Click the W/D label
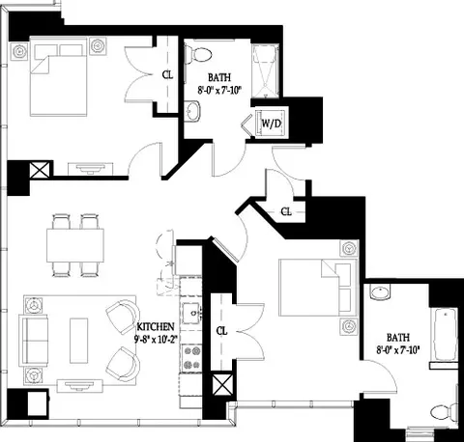[x=270, y=124]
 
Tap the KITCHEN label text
[x=156, y=327]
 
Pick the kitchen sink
[x=191, y=312]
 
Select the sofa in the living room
[x=36, y=339]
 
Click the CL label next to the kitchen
[x=221, y=331]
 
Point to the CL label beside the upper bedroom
[x=167, y=73]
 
